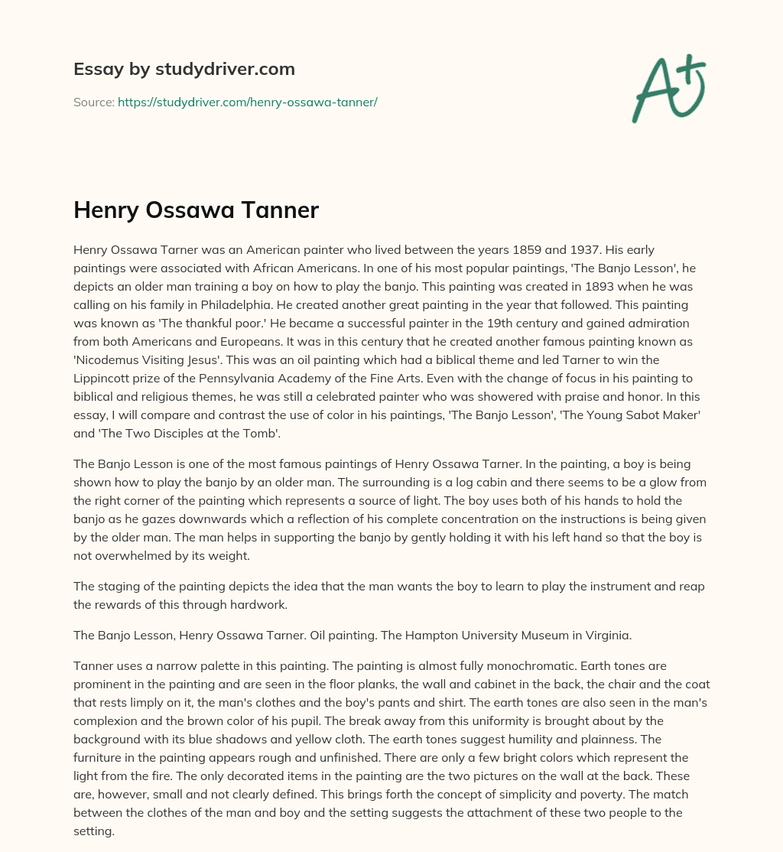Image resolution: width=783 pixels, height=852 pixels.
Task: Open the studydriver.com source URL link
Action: tap(247, 102)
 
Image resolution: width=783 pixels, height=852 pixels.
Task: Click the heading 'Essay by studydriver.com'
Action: tap(184, 69)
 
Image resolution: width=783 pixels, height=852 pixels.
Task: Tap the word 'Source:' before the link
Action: tap(93, 102)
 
